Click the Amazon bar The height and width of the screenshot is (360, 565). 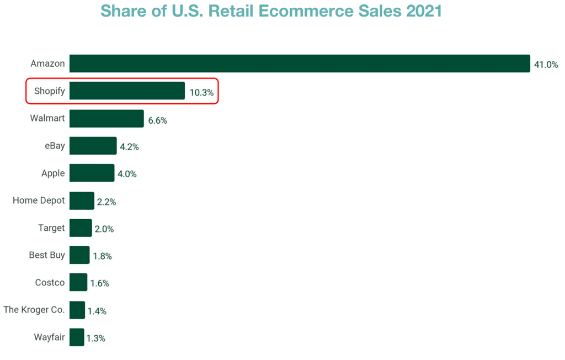(x=300, y=63)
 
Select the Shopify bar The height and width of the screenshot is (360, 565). (x=127, y=91)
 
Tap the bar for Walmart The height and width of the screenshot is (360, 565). (x=106, y=118)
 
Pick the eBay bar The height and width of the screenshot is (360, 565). (x=93, y=146)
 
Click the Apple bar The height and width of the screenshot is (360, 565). (x=92, y=173)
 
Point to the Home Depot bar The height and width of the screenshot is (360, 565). (x=82, y=200)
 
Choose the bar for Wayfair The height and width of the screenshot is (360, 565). (x=77, y=337)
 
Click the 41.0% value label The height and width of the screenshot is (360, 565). (x=546, y=65)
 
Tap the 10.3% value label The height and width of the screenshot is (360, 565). (x=201, y=92)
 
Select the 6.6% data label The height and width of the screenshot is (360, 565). (x=158, y=120)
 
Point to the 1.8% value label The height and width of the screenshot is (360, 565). (x=102, y=256)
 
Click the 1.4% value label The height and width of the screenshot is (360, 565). (x=97, y=311)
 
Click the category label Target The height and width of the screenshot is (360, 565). (x=51, y=227)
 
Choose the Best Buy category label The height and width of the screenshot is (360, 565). (x=47, y=255)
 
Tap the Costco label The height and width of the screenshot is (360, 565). (x=50, y=282)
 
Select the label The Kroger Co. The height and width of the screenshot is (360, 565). (x=34, y=310)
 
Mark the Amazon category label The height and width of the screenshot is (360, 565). (x=47, y=63)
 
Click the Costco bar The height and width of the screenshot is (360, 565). (x=78, y=282)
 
